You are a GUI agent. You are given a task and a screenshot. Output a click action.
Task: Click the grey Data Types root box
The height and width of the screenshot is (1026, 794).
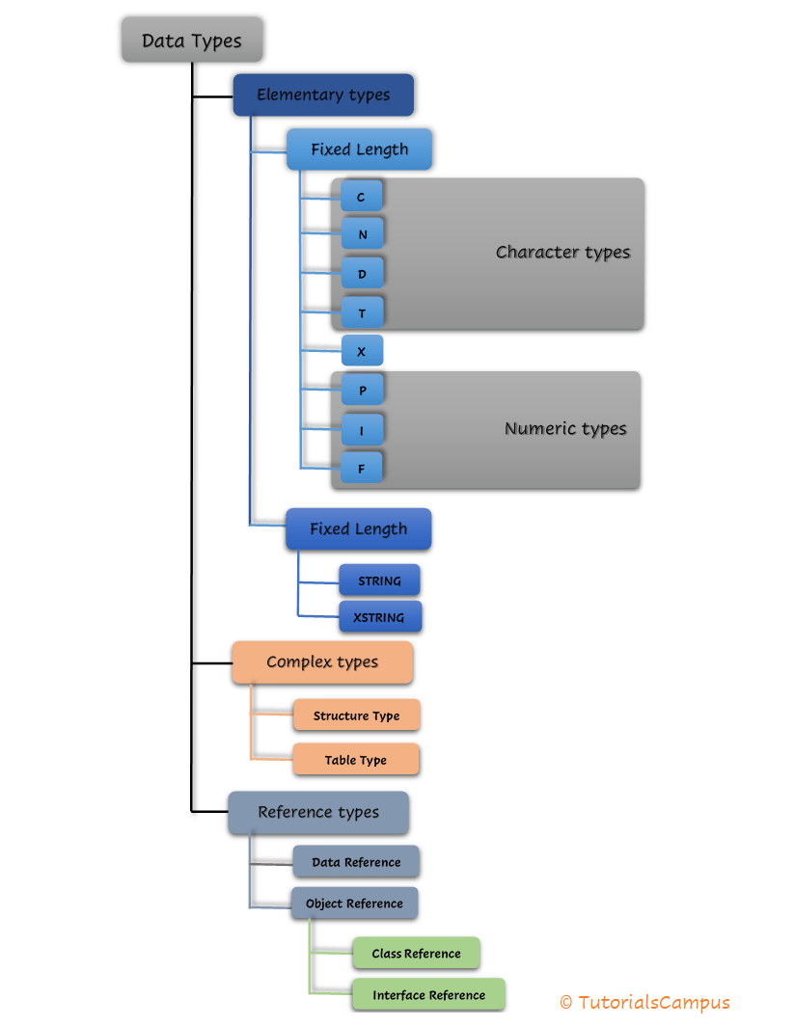[x=192, y=41]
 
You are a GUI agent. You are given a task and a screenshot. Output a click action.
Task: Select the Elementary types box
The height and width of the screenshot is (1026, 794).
[x=323, y=94]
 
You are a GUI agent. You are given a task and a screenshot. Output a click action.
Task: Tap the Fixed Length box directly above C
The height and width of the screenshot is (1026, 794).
[x=359, y=149]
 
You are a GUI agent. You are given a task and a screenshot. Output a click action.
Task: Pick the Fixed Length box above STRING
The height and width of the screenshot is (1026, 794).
[x=358, y=529]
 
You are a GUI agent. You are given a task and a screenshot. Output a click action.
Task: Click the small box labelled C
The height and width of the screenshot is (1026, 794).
[x=362, y=197]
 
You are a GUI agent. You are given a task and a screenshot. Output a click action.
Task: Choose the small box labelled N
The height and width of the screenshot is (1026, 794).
[x=362, y=234]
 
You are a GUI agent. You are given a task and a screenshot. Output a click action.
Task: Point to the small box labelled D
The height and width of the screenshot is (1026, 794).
[x=362, y=273]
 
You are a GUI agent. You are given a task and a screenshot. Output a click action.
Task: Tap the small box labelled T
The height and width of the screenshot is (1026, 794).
[x=362, y=311]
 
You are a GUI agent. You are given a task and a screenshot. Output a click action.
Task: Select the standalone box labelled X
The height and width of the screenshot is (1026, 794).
[x=362, y=351]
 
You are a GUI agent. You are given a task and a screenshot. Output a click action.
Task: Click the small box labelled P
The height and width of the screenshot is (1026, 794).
[x=362, y=390]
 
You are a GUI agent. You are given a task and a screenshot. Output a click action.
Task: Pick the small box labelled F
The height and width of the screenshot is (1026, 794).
[x=362, y=468]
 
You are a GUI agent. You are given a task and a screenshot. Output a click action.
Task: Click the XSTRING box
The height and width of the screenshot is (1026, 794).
[x=379, y=617]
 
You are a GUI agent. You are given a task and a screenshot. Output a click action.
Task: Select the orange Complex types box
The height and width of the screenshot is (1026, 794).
[x=322, y=662]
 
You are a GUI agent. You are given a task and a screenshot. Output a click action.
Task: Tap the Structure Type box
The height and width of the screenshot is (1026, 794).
[x=356, y=715]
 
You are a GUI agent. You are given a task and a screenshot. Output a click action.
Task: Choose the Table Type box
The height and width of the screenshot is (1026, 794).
[x=355, y=760]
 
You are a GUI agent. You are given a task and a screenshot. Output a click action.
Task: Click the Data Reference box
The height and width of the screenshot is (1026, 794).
[x=356, y=862]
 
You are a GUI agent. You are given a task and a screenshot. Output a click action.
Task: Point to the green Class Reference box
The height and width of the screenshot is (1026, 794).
[x=416, y=954]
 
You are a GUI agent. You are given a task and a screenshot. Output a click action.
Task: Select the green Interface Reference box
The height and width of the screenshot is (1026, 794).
[x=428, y=995]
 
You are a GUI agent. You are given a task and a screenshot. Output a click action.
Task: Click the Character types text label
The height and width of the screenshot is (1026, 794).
[x=562, y=253]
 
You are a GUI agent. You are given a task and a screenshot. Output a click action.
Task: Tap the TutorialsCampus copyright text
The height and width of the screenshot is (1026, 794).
[x=644, y=1003]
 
